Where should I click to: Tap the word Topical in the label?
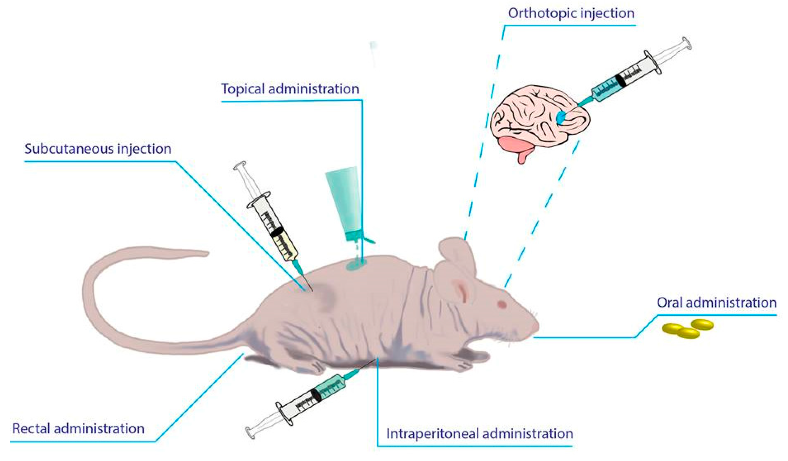242,89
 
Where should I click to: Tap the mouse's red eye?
502,304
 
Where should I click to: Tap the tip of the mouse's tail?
205,253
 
